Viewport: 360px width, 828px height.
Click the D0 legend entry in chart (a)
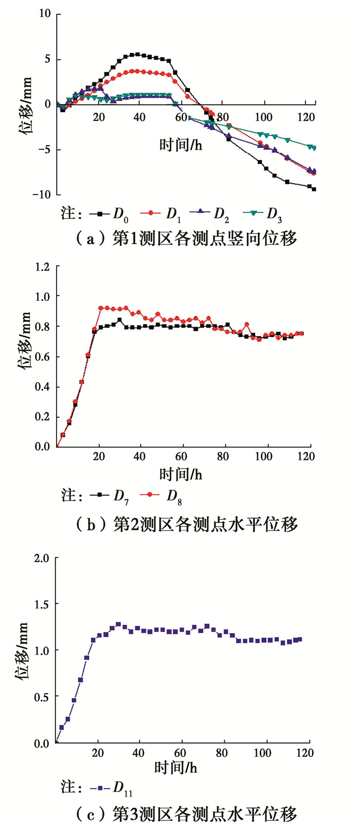[109, 214]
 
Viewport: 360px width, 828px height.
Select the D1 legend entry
[159, 214]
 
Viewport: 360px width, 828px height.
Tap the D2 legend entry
[209, 214]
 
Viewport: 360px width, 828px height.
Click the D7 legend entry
[109, 496]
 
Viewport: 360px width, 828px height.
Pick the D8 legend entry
[162, 496]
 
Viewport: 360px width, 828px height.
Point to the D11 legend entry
[112, 787]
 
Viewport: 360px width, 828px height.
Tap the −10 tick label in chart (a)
[42, 194]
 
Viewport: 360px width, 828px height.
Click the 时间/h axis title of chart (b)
[181, 474]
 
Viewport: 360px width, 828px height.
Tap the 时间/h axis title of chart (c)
[176, 768]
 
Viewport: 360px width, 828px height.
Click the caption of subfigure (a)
[186, 239]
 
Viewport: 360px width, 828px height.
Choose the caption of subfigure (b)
[186, 524]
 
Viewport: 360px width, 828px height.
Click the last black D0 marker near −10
[314, 189]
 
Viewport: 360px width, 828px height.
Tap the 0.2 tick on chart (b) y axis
[43, 417]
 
